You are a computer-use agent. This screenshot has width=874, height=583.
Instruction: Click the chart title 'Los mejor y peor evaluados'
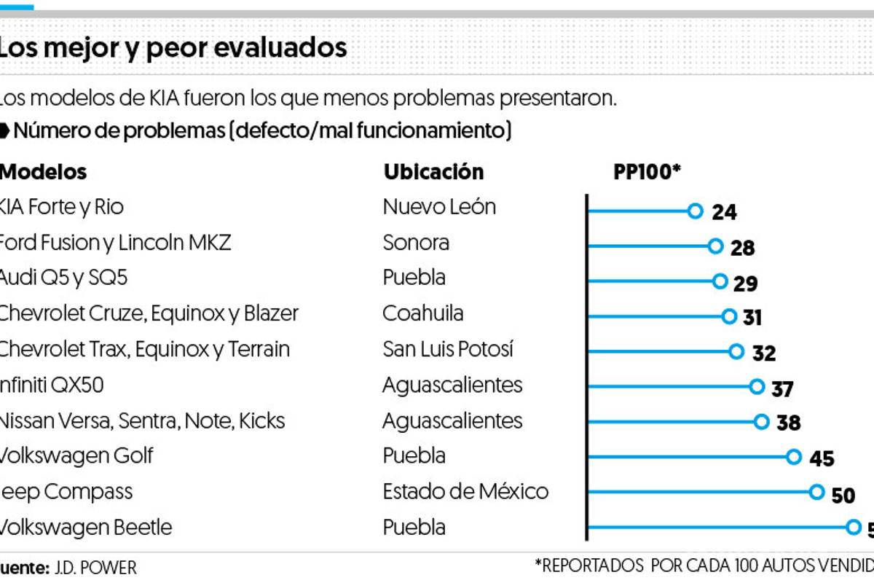(173, 48)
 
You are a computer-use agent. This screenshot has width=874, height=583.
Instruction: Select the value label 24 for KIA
(724, 212)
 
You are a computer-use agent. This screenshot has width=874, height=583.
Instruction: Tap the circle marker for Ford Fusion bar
(715, 246)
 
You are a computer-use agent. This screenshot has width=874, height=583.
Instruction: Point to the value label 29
(745, 283)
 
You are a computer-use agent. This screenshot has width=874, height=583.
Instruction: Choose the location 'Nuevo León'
(439, 207)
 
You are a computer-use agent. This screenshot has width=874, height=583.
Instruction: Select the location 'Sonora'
(416, 243)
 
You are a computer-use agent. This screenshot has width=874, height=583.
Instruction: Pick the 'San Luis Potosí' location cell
(448, 349)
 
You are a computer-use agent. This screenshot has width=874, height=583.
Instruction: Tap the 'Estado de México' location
(465, 491)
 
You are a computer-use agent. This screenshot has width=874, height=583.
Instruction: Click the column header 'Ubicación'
(433, 172)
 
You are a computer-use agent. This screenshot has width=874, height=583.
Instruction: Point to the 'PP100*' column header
(647, 172)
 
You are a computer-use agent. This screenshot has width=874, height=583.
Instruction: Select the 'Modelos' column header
(44, 172)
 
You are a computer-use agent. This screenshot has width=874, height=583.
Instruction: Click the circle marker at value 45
(794, 456)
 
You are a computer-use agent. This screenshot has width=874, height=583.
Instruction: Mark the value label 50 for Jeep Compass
(843, 496)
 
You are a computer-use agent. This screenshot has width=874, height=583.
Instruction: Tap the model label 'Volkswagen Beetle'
(85, 527)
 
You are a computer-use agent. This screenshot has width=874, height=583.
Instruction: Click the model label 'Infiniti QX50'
(52, 385)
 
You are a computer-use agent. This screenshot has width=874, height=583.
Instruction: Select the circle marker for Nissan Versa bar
(761, 421)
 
